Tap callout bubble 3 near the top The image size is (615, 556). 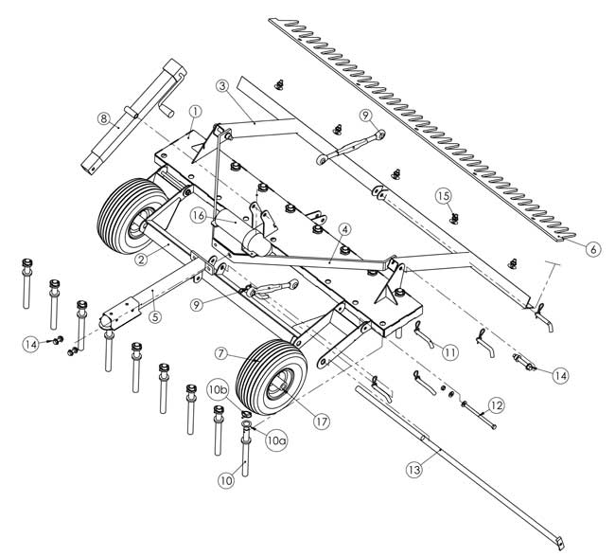(x=221, y=87)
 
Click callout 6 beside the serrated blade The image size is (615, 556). (x=592, y=249)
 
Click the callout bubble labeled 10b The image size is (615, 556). (x=218, y=389)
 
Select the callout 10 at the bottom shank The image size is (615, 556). (x=226, y=481)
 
